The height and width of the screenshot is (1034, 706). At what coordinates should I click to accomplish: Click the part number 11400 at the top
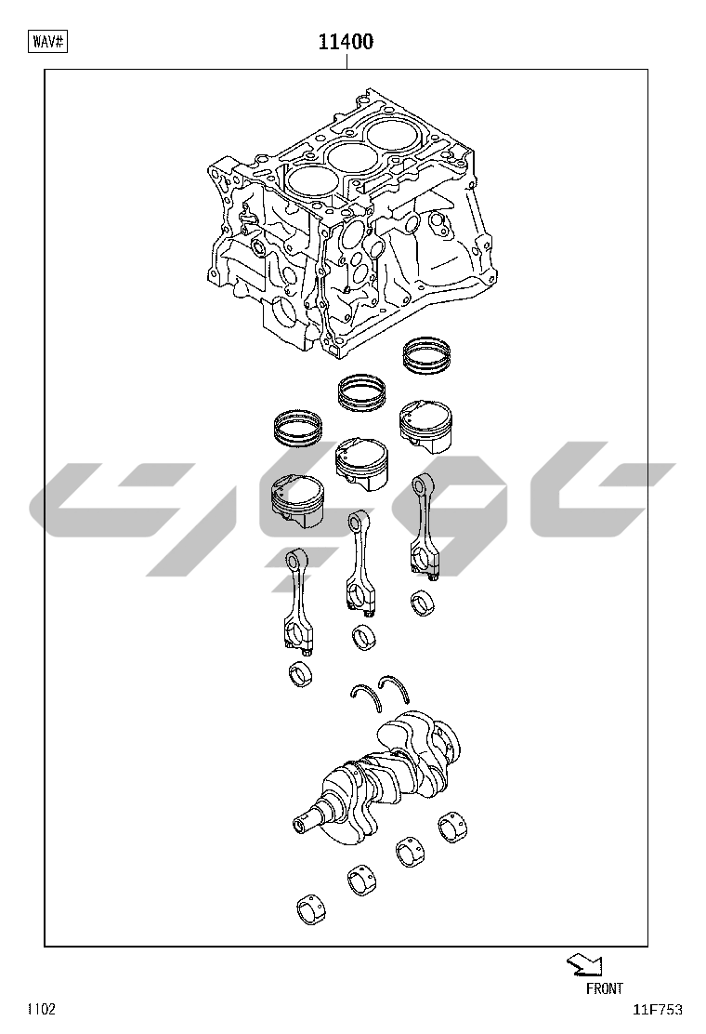tap(346, 42)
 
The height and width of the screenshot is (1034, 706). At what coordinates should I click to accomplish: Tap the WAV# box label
tap(48, 42)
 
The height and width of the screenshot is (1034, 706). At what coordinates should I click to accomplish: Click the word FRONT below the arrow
tap(604, 988)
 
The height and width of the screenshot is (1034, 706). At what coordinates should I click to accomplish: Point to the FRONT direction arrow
tap(584, 965)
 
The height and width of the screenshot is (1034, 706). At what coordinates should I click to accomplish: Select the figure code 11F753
tap(658, 1010)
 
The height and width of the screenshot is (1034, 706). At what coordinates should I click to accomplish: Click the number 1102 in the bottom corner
tap(41, 1009)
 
